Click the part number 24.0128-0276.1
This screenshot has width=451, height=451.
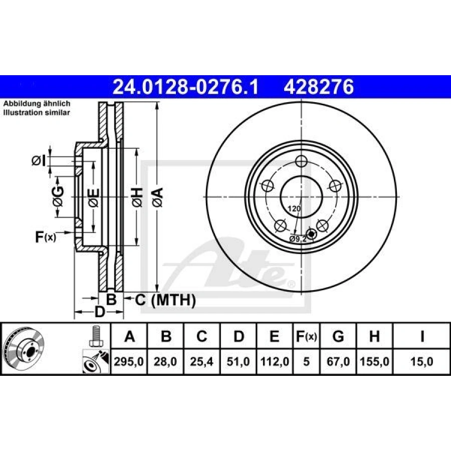(185, 88)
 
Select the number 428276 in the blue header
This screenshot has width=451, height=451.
(319, 88)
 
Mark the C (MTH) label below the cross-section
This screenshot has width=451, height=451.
(165, 300)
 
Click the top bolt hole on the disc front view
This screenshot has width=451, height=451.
(301, 161)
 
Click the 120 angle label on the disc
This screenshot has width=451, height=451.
(294, 208)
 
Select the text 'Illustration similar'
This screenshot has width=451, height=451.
(37, 112)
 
